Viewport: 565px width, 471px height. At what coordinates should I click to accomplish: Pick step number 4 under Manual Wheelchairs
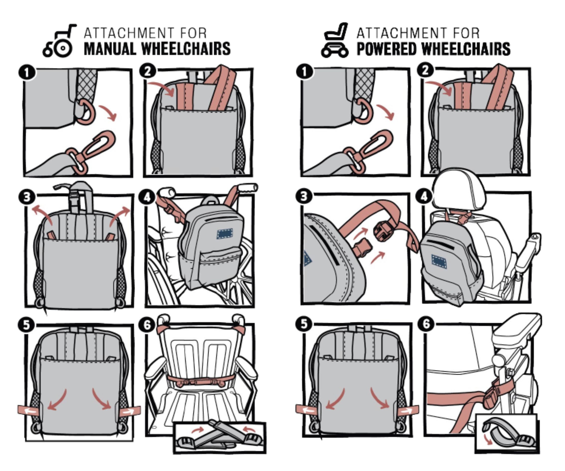pos(147,198)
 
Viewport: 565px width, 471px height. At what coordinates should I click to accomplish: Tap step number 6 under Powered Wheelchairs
pos(426,324)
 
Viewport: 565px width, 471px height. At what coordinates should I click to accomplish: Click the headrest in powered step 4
pos(460,190)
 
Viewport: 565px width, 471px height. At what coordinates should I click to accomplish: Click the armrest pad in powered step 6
pos(517,327)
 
